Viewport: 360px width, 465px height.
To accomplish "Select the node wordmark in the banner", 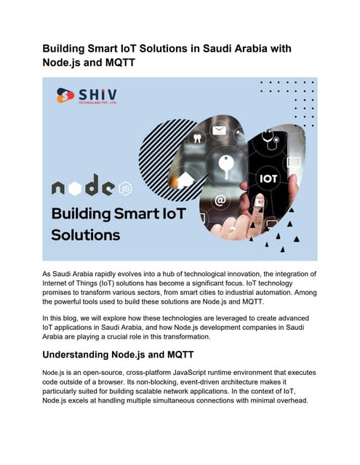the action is click(83, 188).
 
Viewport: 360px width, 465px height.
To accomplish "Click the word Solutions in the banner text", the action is click(86, 235).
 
